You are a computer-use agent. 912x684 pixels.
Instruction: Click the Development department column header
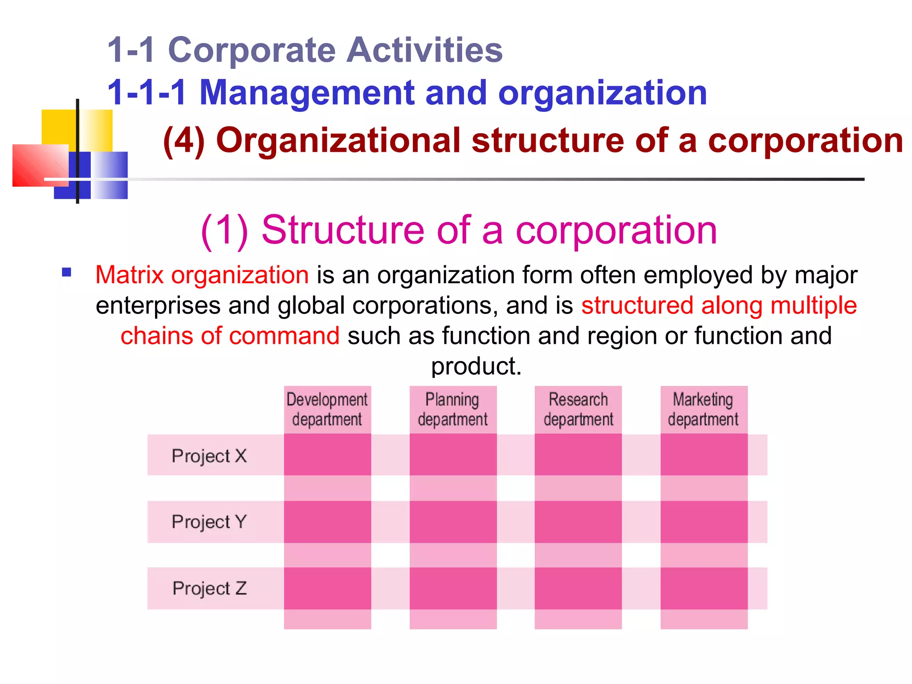click(x=327, y=409)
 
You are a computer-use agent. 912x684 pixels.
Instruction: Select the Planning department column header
click(x=453, y=409)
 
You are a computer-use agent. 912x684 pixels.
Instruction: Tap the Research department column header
click(x=578, y=409)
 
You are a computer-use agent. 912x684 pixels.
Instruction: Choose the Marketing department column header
click(x=704, y=409)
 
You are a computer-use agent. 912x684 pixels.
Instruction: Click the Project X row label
click(x=209, y=456)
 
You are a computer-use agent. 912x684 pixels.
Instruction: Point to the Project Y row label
click(x=209, y=521)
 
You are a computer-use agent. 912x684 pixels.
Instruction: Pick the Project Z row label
click(x=209, y=588)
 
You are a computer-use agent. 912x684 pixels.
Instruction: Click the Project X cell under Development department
click(x=327, y=455)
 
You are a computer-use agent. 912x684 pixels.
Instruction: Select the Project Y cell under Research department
click(x=578, y=521)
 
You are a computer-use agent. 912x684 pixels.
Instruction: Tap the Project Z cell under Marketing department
click(x=704, y=588)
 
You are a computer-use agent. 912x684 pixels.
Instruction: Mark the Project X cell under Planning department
click(x=453, y=455)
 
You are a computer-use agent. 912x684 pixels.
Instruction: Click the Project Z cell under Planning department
click(x=453, y=588)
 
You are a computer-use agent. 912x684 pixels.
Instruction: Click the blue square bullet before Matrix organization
click(x=67, y=273)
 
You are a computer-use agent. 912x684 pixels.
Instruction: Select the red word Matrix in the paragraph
click(x=130, y=275)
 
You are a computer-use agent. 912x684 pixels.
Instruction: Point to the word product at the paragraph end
click(x=476, y=366)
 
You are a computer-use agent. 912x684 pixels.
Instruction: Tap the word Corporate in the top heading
click(x=252, y=50)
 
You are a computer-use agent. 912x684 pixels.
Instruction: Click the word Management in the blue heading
click(x=307, y=93)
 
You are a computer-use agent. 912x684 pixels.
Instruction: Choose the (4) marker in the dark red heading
click(x=184, y=141)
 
